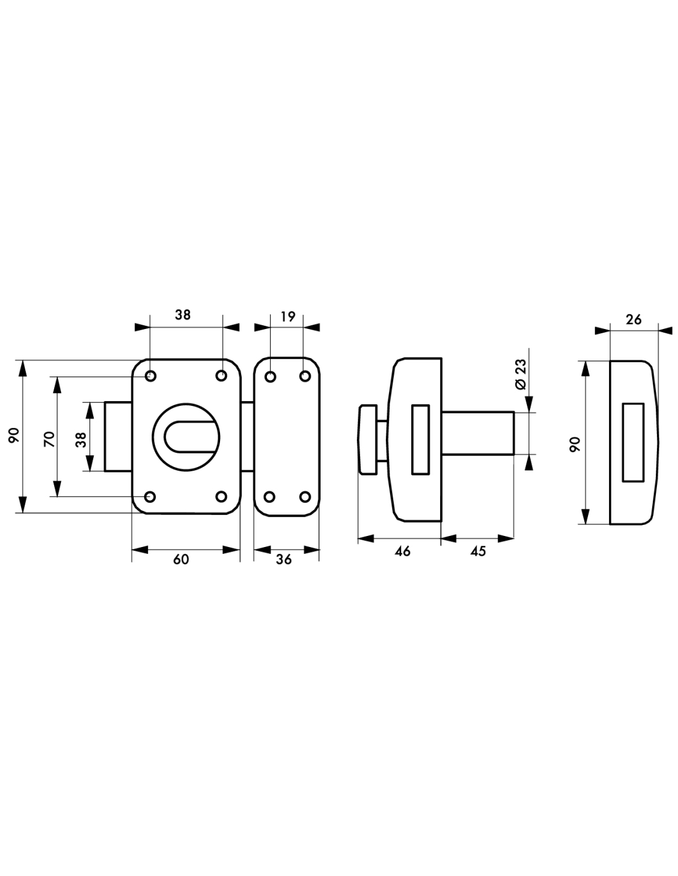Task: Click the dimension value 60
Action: point(181,559)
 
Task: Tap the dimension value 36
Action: point(284,559)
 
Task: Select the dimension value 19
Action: point(288,317)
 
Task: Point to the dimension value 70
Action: point(49,439)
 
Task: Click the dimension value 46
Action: point(402,551)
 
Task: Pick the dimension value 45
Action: point(478,551)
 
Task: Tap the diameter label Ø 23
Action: point(521,374)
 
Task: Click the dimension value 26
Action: point(633,320)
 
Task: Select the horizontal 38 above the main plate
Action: point(182,315)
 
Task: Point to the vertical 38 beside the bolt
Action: point(81,440)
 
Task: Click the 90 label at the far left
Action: point(14,436)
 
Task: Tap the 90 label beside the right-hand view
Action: point(574,444)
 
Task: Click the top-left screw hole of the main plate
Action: point(150,376)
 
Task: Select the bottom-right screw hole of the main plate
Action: point(221,497)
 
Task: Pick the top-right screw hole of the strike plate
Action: point(305,376)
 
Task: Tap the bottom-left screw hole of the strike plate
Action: point(270,497)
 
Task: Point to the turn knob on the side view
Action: point(367,439)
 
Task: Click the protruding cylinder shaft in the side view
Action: point(478,433)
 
